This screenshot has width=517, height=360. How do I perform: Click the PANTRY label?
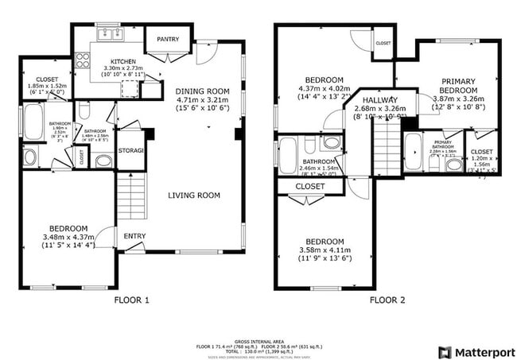[167, 39]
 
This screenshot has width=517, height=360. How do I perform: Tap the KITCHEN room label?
[122, 61]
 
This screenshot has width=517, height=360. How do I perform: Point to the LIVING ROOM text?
[193, 195]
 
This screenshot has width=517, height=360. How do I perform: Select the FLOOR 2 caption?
[387, 300]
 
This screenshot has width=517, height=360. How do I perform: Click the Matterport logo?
[475, 351]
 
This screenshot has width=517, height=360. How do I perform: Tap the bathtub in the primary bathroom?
[414, 152]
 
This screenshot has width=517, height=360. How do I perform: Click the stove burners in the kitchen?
[82, 60]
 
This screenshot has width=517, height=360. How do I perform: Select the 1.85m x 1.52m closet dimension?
[45, 85]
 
